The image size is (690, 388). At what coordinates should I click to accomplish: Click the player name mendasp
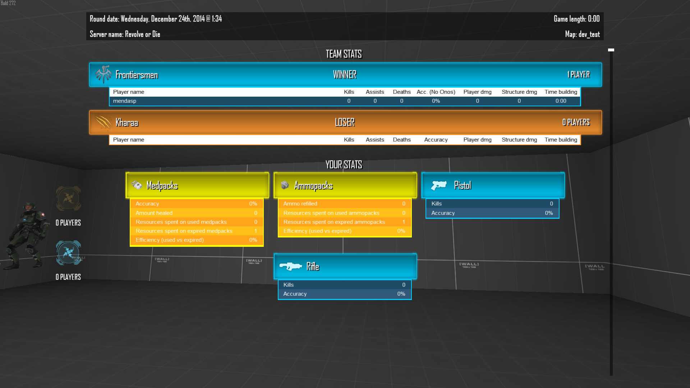124,101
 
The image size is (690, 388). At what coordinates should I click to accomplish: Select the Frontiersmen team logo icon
103,74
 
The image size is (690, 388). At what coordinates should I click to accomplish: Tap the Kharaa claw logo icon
103,122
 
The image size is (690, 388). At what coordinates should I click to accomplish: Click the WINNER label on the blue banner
345,74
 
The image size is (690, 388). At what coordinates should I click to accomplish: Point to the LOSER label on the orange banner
345,122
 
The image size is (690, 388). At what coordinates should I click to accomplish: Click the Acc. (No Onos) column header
436,92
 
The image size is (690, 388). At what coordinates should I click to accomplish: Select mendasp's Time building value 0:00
561,101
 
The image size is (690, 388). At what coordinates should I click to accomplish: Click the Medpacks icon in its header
137,185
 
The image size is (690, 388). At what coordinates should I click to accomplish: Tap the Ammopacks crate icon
285,185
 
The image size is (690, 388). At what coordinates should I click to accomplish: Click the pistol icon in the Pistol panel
439,185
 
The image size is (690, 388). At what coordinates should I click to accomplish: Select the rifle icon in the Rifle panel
291,266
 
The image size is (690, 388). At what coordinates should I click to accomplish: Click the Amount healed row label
154,213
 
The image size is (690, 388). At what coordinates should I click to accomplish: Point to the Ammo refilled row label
300,204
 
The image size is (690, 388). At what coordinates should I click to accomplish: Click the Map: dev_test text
582,34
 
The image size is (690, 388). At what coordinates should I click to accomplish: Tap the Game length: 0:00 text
576,19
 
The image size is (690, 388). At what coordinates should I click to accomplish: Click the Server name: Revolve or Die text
125,34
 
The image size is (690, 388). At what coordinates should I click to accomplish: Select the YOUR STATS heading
344,165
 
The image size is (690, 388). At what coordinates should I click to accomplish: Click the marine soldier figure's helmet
29,207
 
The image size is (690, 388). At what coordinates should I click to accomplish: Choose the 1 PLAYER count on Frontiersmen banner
579,74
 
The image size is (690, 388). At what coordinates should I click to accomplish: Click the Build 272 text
8,3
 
